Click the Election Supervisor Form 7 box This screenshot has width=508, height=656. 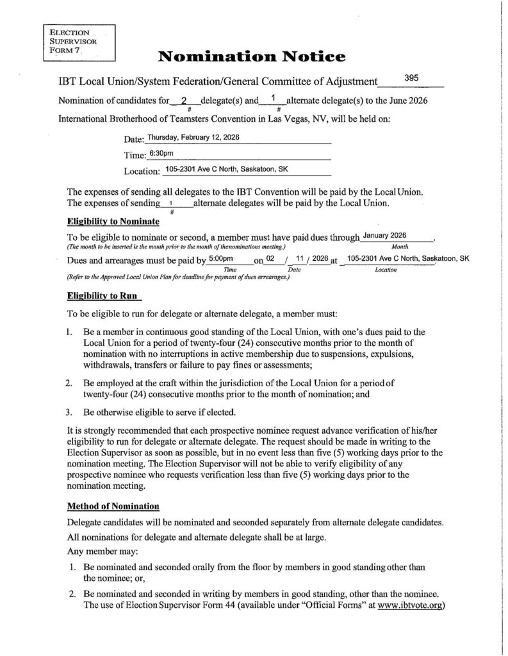pyautogui.click(x=78, y=42)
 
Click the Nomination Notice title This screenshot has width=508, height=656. pyautogui.click(x=252, y=58)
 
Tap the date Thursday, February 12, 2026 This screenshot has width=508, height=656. pyautogui.click(x=193, y=137)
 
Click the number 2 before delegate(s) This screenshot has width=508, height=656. pyautogui.click(x=184, y=101)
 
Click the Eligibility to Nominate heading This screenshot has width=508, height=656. pyautogui.click(x=113, y=222)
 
